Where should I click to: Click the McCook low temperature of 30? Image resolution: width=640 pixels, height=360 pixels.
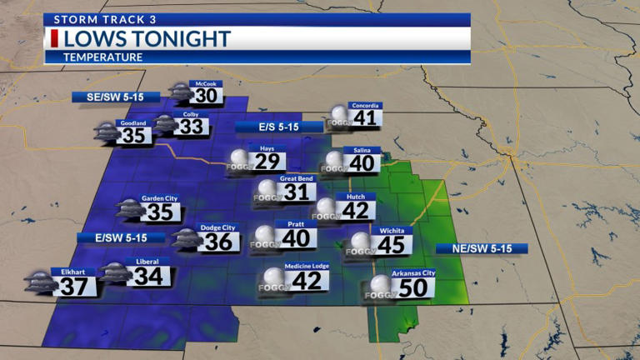click(207, 96)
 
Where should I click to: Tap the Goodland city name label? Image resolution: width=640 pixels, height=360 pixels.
click(133, 123)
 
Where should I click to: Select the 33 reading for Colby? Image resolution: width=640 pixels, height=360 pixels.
click(192, 127)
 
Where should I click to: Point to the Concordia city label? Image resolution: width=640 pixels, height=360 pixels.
click(366, 106)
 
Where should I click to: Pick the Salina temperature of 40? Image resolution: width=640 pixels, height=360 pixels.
click(362, 162)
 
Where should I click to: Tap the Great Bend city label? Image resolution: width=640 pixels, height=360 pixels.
click(295, 178)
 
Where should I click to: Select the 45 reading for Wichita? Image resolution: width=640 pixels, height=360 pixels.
click(391, 244)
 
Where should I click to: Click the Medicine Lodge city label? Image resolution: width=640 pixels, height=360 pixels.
click(307, 266)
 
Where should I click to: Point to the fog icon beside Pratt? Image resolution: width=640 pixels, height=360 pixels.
click(266, 237)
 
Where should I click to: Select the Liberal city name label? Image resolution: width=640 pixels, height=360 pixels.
click(147, 262)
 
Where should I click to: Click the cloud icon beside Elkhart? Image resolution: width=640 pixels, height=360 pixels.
click(38, 282)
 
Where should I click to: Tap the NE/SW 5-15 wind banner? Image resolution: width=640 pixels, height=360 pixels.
click(482, 248)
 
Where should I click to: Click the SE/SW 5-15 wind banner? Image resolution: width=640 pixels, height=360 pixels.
click(115, 97)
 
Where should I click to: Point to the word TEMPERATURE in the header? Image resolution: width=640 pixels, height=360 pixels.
click(103, 57)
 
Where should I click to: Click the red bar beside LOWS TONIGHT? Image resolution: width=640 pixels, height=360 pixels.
click(55, 38)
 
